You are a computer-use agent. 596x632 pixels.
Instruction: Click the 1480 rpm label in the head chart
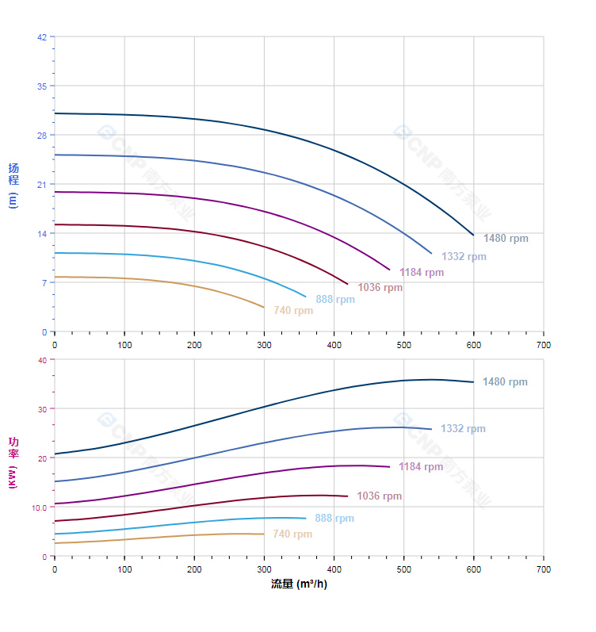(506, 239)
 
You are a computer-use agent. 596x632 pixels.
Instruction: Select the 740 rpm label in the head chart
(293, 311)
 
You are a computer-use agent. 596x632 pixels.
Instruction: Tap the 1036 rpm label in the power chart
(379, 496)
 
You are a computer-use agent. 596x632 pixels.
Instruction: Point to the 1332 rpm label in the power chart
(463, 429)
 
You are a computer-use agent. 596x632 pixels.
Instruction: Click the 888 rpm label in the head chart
(335, 300)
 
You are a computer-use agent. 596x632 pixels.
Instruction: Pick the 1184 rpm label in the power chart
(421, 467)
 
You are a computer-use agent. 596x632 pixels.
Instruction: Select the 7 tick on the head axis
(44, 282)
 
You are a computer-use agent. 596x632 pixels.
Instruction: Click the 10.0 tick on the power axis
(40, 507)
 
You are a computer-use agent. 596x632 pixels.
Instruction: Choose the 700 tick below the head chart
(543, 345)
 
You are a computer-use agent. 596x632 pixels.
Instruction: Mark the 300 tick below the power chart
(264, 569)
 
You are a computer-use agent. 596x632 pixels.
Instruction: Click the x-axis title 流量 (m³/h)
(299, 584)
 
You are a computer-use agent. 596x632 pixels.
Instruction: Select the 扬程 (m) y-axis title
(13, 185)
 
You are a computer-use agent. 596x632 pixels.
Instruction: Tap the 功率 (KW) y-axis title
(13, 462)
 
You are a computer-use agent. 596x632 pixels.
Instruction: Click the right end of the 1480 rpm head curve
(474, 235)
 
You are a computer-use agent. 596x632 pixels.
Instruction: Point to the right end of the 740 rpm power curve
(264, 534)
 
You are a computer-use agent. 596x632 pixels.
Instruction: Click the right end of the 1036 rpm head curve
(348, 284)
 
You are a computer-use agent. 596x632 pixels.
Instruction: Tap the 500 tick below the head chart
(403, 345)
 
